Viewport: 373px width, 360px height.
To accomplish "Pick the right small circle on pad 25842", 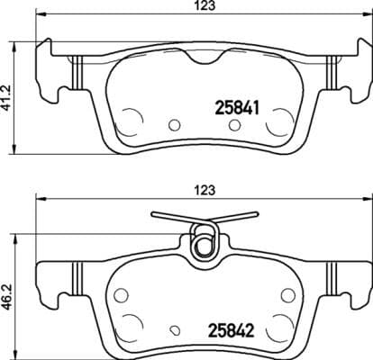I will click(x=287, y=293).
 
